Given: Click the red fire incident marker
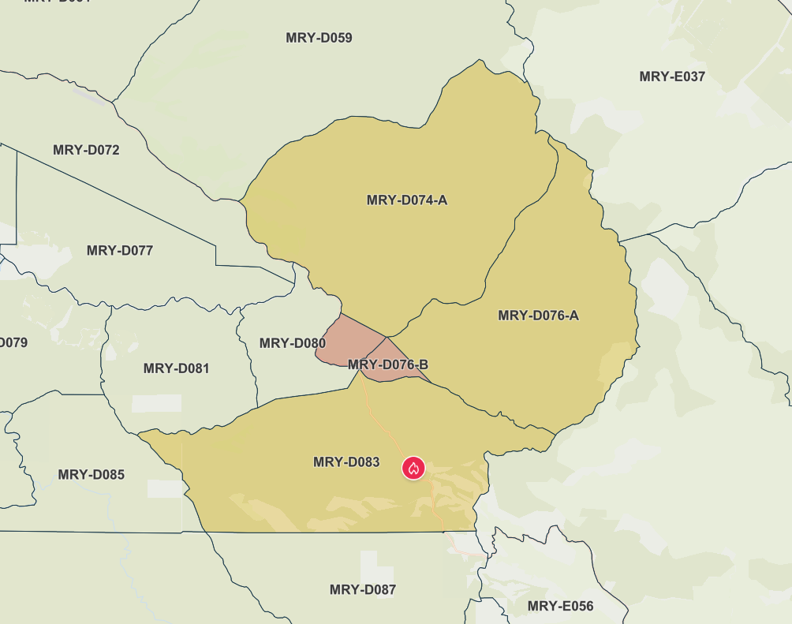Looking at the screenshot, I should click(413, 468).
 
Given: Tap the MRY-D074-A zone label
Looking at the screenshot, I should click(407, 200).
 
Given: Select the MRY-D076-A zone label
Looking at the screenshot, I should click(539, 316).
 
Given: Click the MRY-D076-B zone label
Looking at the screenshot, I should click(388, 365).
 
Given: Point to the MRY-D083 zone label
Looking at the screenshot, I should click(346, 462).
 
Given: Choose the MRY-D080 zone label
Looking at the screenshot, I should click(293, 344).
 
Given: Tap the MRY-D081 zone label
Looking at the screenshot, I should click(177, 368).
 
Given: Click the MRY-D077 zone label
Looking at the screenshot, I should click(120, 251).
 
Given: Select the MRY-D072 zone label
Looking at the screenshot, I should click(86, 150).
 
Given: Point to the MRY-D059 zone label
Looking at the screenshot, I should click(319, 38).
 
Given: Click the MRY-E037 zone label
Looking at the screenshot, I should click(672, 77).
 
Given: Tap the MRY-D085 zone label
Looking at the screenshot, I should click(92, 475).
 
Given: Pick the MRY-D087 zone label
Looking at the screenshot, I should click(363, 590).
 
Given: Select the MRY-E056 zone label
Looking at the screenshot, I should click(561, 607).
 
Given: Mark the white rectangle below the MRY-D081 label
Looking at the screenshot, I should click(156, 403).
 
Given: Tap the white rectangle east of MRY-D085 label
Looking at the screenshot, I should click(165, 488).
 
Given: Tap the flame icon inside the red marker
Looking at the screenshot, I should click(413, 468).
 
